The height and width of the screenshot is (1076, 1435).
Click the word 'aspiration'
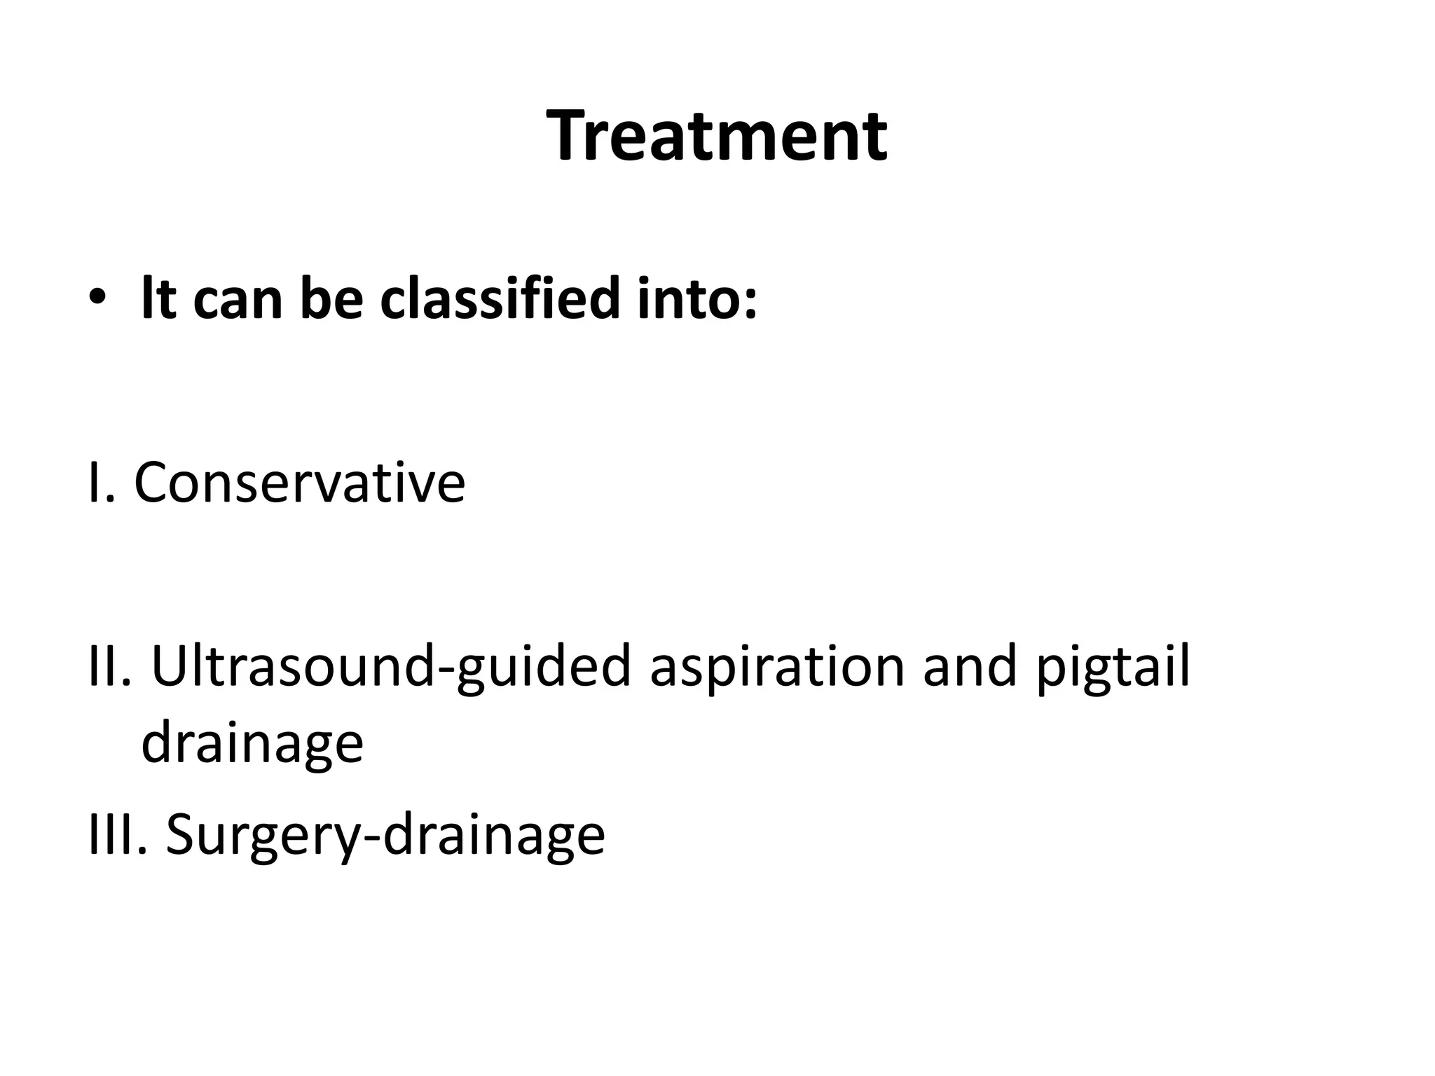pos(777,669)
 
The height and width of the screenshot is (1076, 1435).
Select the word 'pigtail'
pos(1112,669)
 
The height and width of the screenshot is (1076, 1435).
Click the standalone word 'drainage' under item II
pos(252,745)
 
